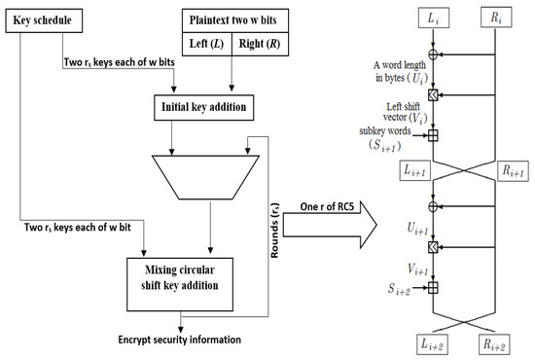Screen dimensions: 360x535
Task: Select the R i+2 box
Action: (x=496, y=342)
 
